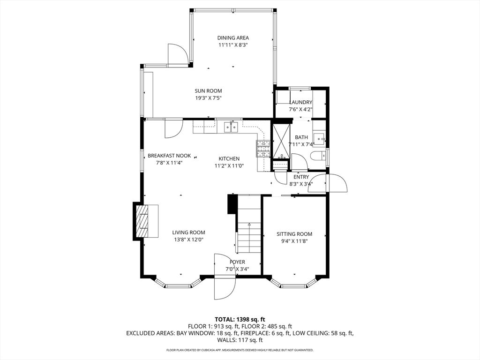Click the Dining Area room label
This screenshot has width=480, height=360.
[233, 38]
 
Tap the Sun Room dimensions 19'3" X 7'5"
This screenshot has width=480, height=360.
[208, 98]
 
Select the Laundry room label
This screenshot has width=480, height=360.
[300, 102]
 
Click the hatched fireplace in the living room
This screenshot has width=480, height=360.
[142, 221]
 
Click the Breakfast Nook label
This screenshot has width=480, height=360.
[169, 156]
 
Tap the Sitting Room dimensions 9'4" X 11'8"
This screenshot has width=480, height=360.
[294, 241]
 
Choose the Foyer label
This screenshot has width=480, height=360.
[238, 262]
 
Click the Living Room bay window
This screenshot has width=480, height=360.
[178, 284]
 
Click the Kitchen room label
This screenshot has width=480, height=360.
[229, 158]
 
